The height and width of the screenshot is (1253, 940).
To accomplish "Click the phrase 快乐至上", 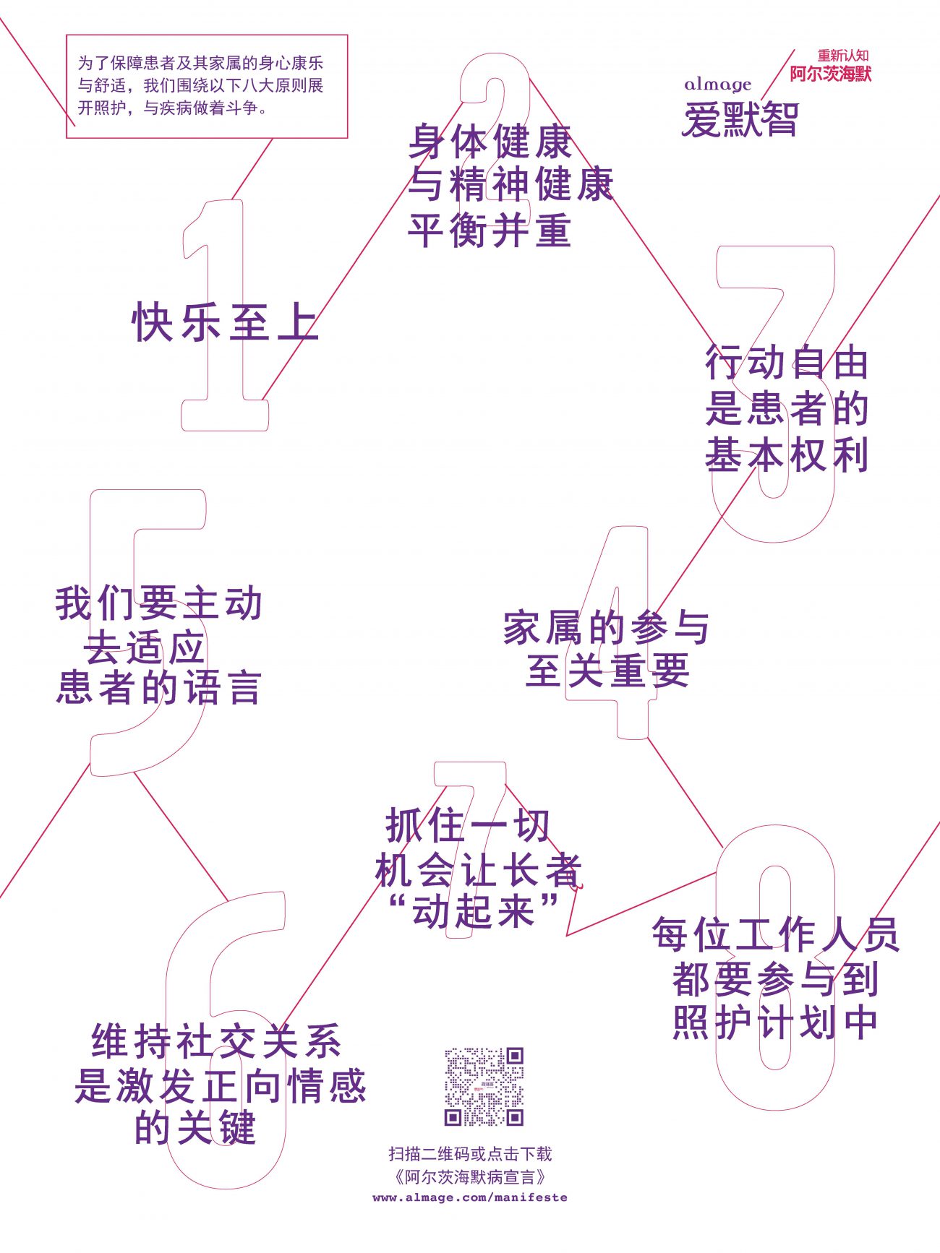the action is click(x=225, y=322).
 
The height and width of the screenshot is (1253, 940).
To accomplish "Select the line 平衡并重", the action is click(x=490, y=231).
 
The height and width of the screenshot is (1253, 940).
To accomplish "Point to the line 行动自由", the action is click(x=787, y=363).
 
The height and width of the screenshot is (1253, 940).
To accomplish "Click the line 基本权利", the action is click(x=787, y=455).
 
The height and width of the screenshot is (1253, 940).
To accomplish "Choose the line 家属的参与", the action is click(x=607, y=627).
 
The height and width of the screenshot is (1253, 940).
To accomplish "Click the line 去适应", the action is click(x=145, y=647).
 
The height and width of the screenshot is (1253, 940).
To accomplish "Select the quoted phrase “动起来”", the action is click(x=474, y=910).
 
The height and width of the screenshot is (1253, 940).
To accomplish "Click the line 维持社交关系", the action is click(x=216, y=1041).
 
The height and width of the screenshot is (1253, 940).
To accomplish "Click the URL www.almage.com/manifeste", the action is click(x=470, y=1197).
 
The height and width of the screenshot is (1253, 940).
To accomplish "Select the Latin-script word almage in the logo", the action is click(x=718, y=85).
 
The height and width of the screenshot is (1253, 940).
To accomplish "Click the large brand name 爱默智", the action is click(x=740, y=119).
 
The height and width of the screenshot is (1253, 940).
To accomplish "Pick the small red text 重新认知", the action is click(x=843, y=56).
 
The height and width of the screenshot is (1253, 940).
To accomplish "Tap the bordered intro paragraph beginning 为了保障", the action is click(x=207, y=86).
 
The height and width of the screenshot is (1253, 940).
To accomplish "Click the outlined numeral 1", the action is click(x=224, y=315).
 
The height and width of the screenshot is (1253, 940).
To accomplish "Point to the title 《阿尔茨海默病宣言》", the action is click(x=470, y=1177).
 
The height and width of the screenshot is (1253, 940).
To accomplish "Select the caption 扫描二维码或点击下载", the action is click(x=470, y=1154).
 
